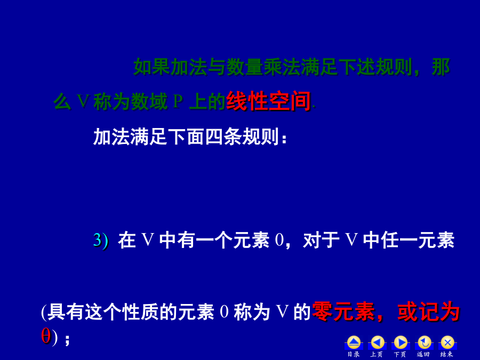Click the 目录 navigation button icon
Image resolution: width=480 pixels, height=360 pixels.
point(354,343)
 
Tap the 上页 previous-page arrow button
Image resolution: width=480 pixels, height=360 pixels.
point(377,343)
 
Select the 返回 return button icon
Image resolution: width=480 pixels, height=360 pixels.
point(424,343)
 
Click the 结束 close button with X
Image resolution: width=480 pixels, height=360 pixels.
point(447,343)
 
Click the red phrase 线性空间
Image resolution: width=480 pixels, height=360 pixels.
point(268,101)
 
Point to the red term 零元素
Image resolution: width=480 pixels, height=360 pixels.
point(343,311)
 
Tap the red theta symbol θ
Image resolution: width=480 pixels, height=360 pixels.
point(46,336)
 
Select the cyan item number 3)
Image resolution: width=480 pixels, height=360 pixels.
point(101,241)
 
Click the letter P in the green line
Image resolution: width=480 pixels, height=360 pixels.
point(178,101)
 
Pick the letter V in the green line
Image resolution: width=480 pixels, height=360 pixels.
point(83,101)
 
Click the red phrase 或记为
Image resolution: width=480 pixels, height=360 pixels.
point(428,311)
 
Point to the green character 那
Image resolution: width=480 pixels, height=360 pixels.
point(441,67)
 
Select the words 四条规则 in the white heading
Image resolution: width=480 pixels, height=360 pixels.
point(242,137)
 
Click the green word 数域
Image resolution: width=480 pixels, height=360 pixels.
point(149,101)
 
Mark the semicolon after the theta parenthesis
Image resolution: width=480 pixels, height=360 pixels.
point(67,340)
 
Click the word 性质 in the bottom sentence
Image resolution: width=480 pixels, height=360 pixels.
point(140,312)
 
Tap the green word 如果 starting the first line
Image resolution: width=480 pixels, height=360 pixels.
point(152,67)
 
